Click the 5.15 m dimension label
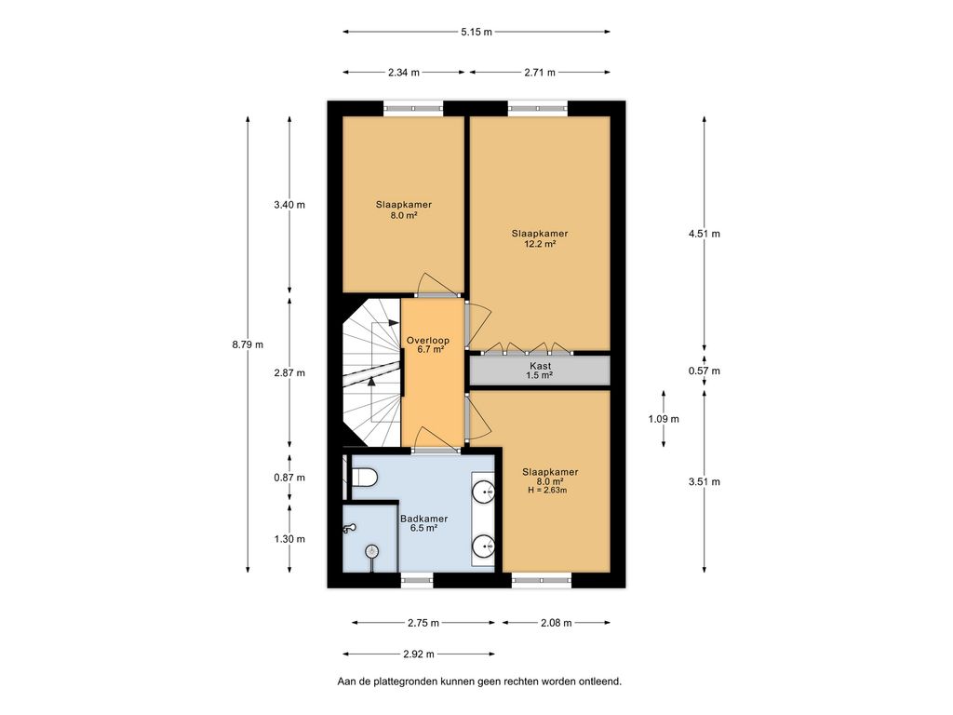point(476,32)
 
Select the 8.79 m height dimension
point(248,344)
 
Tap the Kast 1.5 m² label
point(541,371)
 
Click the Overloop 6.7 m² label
point(427,345)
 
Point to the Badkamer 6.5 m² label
point(423,523)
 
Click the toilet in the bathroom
point(363,478)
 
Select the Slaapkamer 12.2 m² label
point(540,238)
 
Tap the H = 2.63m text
point(546,490)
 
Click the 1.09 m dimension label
point(664,419)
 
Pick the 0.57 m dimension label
point(705,371)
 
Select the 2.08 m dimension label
point(556,623)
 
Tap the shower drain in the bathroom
point(372,551)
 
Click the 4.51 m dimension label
point(705,234)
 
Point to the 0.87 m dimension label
point(289,478)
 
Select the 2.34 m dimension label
point(402,73)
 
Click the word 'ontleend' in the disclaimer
point(598,681)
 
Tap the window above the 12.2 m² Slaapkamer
point(538,108)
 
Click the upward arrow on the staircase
point(371,379)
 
